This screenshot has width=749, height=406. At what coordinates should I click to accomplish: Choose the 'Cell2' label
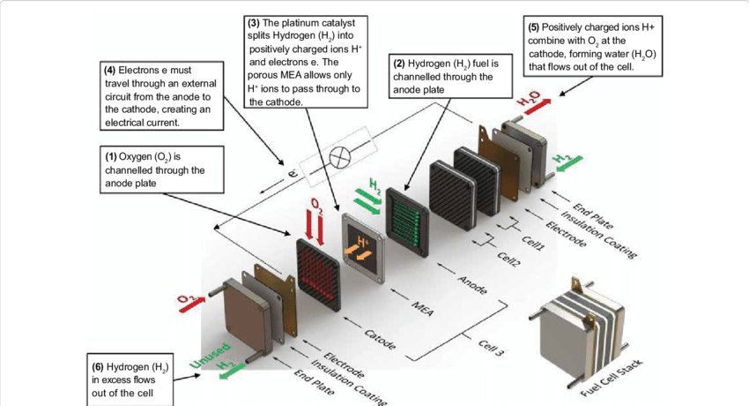pyautogui.click(x=508, y=258)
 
